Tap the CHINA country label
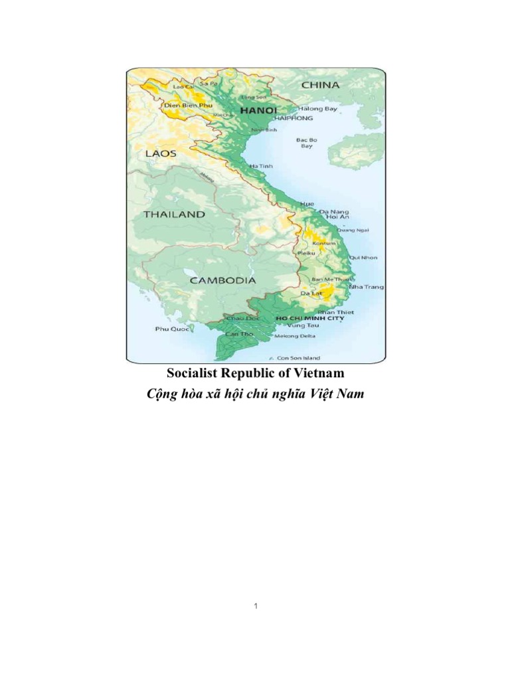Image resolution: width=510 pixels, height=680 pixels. click(x=320, y=85)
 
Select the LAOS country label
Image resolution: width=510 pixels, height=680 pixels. click(x=160, y=153)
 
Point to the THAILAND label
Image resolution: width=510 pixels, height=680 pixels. click(x=174, y=214)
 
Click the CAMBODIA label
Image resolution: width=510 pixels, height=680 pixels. click(x=222, y=280)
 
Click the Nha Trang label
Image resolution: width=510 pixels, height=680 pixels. click(x=366, y=287)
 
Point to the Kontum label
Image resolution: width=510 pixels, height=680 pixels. click(x=324, y=243)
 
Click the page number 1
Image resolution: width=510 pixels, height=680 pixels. click(x=255, y=607)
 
